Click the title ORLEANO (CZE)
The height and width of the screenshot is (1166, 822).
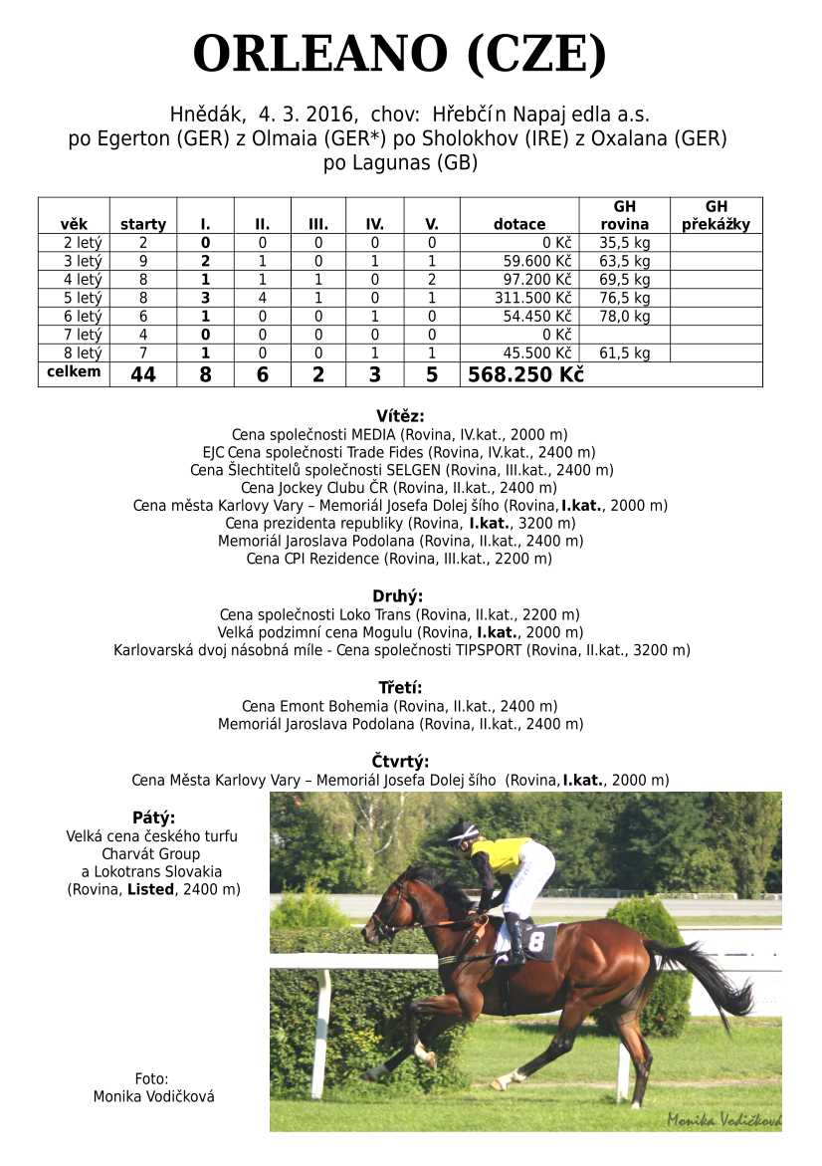coord(399,55)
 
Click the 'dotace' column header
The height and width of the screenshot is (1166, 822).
coord(519,224)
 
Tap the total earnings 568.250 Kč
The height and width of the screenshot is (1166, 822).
coord(525,374)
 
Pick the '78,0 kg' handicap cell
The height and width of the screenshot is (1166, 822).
coord(625,317)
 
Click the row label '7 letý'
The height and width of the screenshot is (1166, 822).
coord(83,335)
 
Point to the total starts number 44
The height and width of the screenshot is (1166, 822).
coord(143,374)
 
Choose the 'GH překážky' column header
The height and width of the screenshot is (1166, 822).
coord(716,215)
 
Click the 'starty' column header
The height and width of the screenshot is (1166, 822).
coord(143,224)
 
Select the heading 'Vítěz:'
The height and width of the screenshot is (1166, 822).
coord(400,416)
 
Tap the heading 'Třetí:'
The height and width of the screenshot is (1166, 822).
coord(400,688)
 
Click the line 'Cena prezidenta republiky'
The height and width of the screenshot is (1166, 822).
coord(400,523)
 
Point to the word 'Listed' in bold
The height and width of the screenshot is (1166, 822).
coord(148,889)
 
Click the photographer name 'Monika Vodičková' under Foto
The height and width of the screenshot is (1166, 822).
coord(153,1096)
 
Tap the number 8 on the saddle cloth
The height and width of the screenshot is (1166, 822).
coord(537,941)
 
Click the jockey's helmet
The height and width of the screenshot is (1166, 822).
coord(463,832)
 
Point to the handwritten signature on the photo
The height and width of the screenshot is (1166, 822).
coord(722,1119)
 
